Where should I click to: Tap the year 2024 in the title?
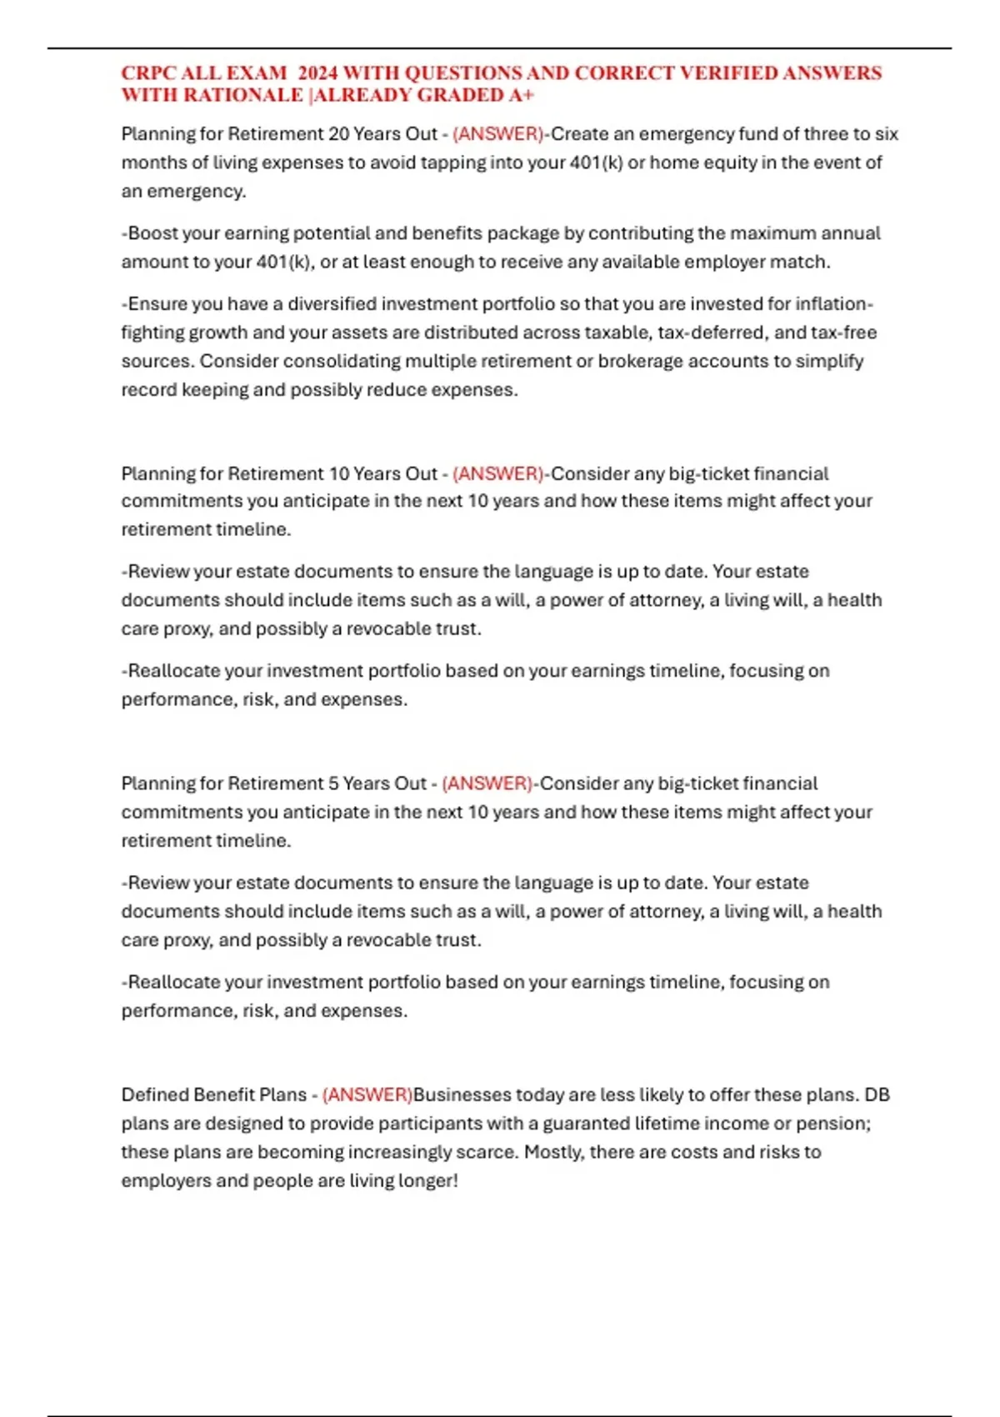pos(317,73)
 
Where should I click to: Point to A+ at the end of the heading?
pos(521,95)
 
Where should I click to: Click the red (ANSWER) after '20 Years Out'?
pos(497,134)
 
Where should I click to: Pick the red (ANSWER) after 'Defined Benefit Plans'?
pos(367,1094)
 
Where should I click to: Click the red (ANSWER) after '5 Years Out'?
pos(487,784)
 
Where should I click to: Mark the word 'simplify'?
pos(830,361)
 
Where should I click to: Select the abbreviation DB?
pos(877,1094)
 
